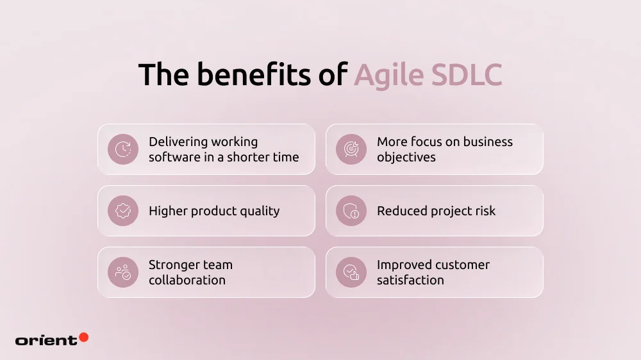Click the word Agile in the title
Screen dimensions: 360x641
click(388, 76)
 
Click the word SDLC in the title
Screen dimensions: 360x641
click(466, 76)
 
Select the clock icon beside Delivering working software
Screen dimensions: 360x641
click(123, 149)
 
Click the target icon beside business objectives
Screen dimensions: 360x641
click(351, 149)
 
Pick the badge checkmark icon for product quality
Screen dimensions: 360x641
click(123, 211)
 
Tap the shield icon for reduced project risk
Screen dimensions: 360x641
click(351, 211)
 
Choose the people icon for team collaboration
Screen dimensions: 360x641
click(123, 272)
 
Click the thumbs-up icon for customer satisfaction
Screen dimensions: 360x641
click(351, 272)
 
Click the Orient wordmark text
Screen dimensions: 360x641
click(46, 340)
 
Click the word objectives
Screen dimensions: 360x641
click(406, 158)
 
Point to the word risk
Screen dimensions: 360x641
click(484, 211)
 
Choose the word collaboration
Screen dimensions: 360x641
click(187, 280)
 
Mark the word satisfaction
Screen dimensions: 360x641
click(410, 280)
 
